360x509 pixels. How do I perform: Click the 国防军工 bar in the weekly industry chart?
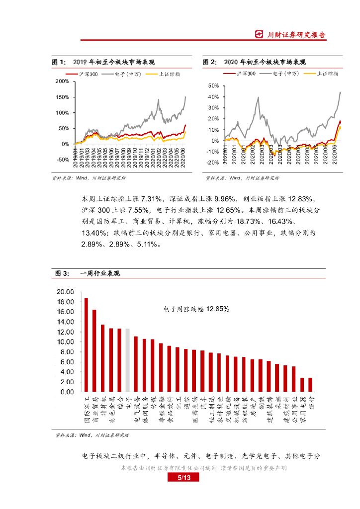pos(86,345)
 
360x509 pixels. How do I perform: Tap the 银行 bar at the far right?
pos(310,385)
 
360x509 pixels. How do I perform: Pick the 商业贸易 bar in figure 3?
pos(94,351)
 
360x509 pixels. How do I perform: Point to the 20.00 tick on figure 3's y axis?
pos(65,292)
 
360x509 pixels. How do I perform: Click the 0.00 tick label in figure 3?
pos(67,392)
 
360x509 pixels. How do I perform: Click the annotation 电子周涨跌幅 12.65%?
pos(196,309)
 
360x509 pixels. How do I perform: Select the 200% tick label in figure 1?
pos(62,81)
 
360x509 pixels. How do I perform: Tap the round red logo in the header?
pos(259,34)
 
